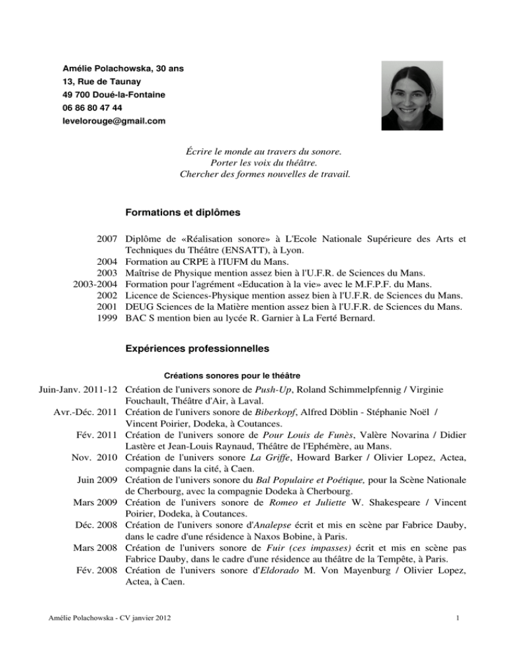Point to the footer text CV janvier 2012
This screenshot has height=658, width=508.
(x=143, y=637)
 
